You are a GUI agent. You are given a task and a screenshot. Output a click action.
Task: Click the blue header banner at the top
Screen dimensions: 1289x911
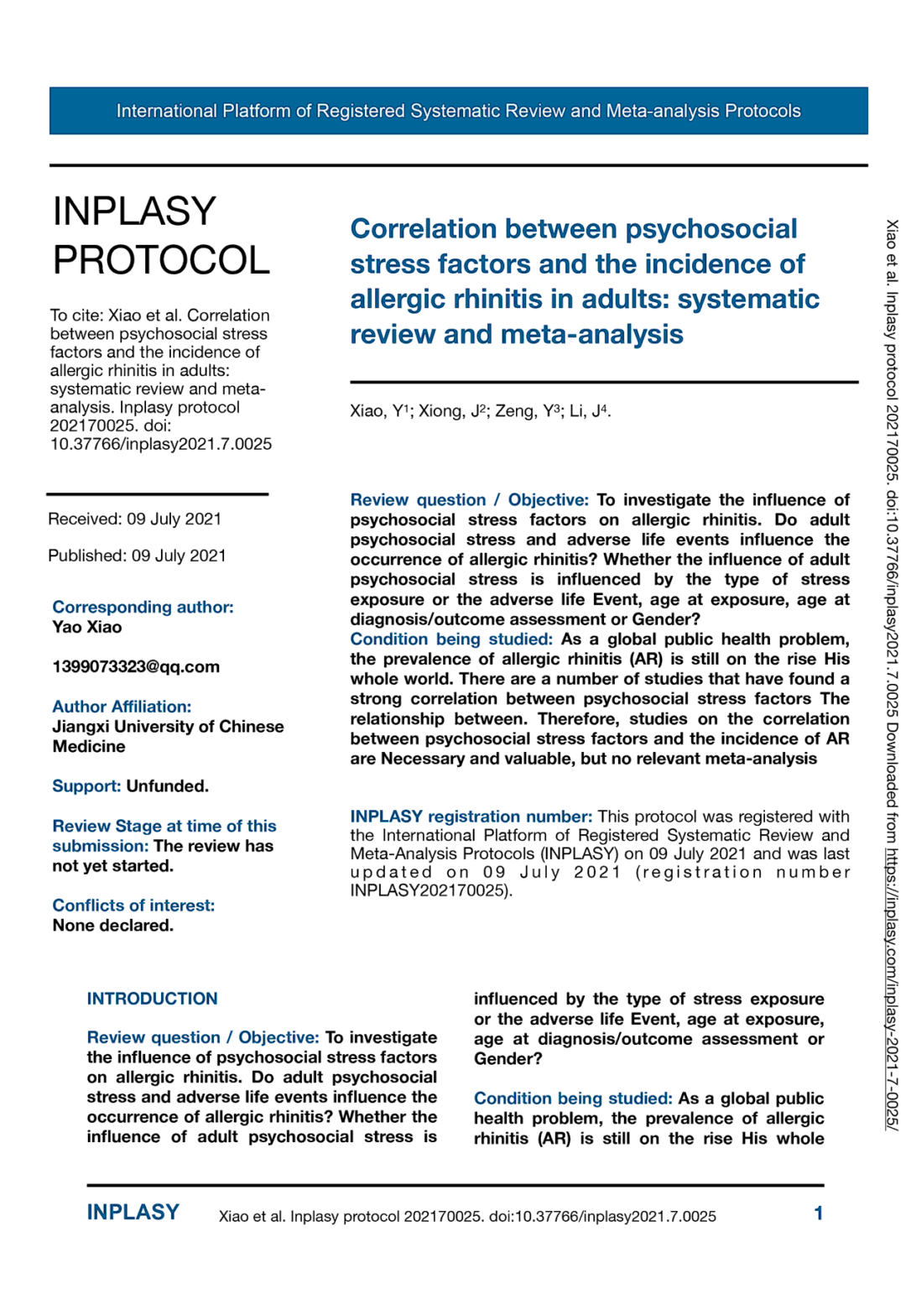(458, 111)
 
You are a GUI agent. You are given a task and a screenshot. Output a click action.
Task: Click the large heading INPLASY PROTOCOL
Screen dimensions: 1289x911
(161, 236)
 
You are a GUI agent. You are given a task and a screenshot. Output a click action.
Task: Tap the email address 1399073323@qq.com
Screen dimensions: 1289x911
(136, 667)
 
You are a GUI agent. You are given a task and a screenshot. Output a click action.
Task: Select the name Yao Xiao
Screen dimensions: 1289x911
(87, 627)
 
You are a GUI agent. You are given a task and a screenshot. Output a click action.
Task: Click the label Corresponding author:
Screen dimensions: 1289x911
(143, 607)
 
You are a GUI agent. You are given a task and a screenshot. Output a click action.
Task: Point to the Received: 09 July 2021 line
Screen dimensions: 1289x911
(134, 519)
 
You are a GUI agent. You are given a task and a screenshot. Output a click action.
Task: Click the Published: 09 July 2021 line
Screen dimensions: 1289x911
(137, 556)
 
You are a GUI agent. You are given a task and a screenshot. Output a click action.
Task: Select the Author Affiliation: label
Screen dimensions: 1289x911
(122, 707)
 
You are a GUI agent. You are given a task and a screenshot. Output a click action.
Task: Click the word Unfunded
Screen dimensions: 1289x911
(167, 786)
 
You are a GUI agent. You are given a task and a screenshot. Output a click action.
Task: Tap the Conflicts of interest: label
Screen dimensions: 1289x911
(133, 905)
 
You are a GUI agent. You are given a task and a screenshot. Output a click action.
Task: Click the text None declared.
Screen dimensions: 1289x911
(112, 926)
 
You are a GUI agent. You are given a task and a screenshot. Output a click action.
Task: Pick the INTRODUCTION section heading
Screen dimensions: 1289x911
(152, 999)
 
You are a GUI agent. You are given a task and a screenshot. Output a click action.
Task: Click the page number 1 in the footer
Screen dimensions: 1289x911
(818, 1213)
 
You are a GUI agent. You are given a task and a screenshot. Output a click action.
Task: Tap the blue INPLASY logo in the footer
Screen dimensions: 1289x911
(133, 1213)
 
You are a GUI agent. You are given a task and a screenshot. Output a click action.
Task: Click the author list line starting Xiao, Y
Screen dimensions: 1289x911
(480, 411)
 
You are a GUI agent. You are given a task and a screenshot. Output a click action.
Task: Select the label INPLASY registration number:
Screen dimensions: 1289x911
(471, 817)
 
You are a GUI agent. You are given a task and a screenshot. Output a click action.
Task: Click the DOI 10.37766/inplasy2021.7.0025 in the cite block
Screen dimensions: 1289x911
(161, 444)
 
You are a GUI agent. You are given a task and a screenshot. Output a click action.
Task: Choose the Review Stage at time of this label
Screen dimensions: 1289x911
(164, 827)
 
